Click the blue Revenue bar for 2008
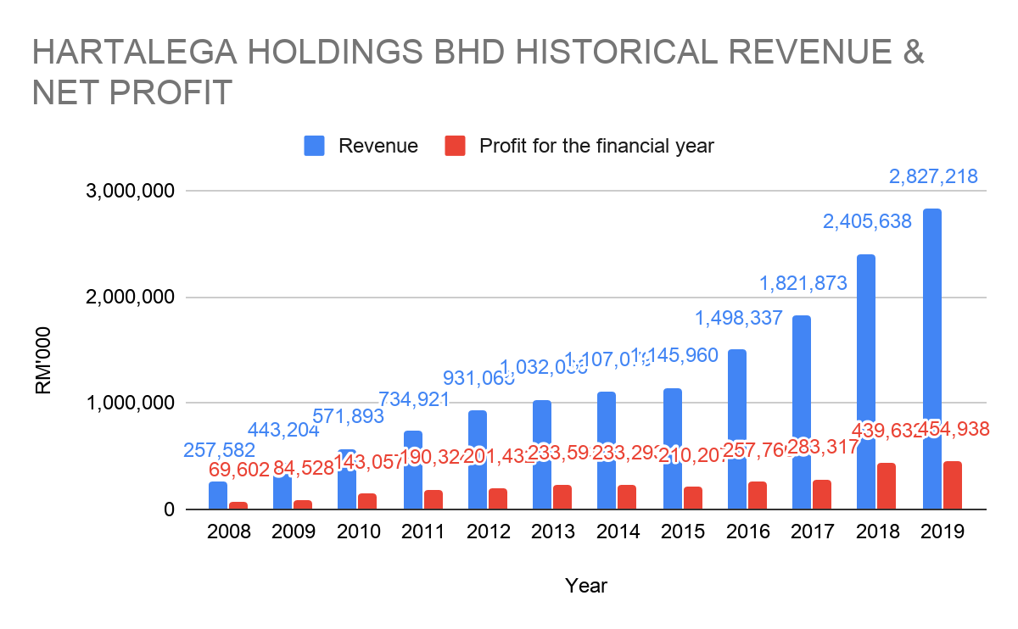pos(218,495)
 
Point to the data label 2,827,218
pos(933,177)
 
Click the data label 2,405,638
pos(867,222)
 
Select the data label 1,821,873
pos(803,283)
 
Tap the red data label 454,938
pos(944,429)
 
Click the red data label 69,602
pos(238,468)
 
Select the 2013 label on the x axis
pos(552,532)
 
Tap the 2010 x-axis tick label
pos(358,532)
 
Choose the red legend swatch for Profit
pos(456,146)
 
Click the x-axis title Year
pos(585,585)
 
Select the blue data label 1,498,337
pos(738,319)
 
